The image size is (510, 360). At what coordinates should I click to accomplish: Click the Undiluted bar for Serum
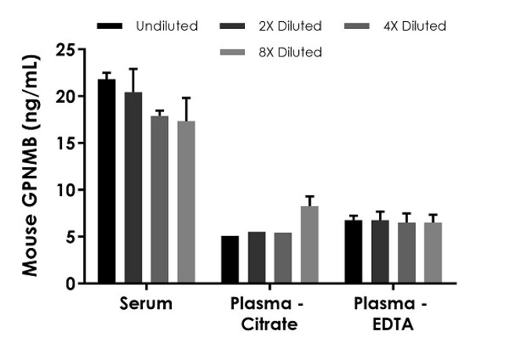click(107, 181)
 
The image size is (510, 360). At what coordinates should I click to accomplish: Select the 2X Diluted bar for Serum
click(133, 187)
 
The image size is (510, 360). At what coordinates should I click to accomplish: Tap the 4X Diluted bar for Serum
click(159, 199)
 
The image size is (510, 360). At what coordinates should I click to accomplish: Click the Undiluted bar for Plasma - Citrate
click(230, 260)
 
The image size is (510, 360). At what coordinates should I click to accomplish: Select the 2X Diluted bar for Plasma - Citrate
click(257, 258)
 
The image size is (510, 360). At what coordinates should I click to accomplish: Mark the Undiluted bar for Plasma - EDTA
click(354, 252)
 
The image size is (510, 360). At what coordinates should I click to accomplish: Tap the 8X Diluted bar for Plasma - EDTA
click(433, 253)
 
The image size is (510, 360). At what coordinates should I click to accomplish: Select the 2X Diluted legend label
click(290, 26)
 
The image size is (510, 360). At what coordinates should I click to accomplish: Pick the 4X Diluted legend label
click(415, 26)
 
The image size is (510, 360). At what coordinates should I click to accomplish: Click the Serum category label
click(147, 304)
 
